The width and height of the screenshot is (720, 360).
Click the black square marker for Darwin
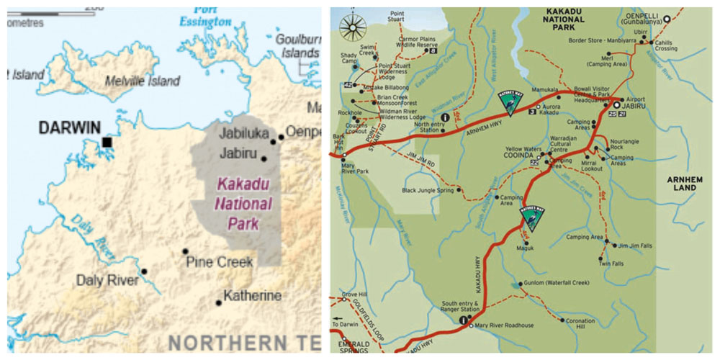pyautogui.click(x=107, y=143)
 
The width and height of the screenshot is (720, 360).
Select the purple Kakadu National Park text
pyautogui.click(x=243, y=204)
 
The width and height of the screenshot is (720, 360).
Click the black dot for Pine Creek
pyautogui.click(x=185, y=252)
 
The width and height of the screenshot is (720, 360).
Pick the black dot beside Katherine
pyautogui.click(x=219, y=302)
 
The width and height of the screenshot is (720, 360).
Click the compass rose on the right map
pyautogui.click(x=353, y=28)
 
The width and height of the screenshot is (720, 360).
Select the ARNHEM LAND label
pyautogui.click(x=680, y=183)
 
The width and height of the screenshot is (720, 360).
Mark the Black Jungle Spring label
pyautogui.click(x=429, y=191)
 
